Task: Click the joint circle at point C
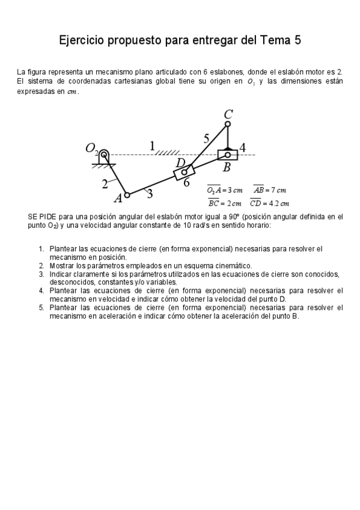click(228, 124)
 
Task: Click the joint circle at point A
click(127, 195)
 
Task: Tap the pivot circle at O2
click(104, 155)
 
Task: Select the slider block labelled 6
click(184, 172)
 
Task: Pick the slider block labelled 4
click(227, 155)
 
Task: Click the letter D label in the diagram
click(180, 162)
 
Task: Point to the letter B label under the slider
click(227, 168)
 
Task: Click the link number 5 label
click(207, 139)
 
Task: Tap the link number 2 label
click(105, 183)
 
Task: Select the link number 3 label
click(149, 193)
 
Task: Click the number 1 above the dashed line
click(153, 146)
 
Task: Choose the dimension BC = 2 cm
click(224, 203)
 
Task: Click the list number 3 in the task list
click(41, 274)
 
